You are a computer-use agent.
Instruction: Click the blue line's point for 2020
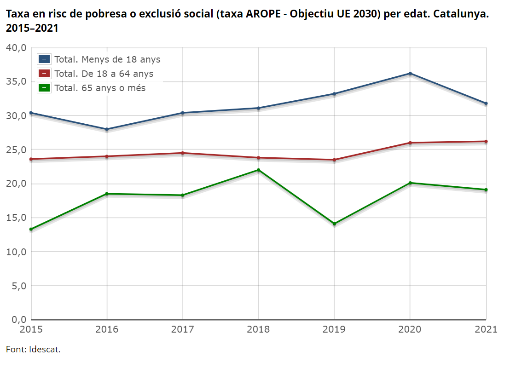pyautogui.click(x=410, y=74)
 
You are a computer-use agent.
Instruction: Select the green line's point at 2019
pyautogui.click(x=334, y=224)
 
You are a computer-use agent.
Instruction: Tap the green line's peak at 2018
pyautogui.click(x=259, y=170)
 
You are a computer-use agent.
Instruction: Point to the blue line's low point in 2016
pyautogui.click(x=107, y=129)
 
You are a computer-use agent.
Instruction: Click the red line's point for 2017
pyautogui.click(x=182, y=153)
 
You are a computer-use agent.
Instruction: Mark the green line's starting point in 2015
pyautogui.click(x=31, y=229)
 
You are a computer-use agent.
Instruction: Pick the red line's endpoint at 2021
pyautogui.click(x=486, y=141)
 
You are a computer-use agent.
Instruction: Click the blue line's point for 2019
pyautogui.click(x=334, y=94)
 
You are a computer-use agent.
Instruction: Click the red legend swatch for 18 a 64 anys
pyautogui.click(x=44, y=74)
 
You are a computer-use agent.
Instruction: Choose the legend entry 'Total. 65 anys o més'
pyautogui.click(x=92, y=88)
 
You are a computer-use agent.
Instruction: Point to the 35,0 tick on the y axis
pyautogui.click(x=16, y=81)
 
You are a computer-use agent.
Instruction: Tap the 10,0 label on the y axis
pyautogui.click(x=16, y=252)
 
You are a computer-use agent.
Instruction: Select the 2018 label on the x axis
pyautogui.click(x=258, y=329)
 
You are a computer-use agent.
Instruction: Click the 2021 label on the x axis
pyautogui.click(x=486, y=329)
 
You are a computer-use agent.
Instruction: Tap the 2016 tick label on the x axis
pyautogui.click(x=107, y=329)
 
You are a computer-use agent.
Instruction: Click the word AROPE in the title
pyautogui.click(x=263, y=14)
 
